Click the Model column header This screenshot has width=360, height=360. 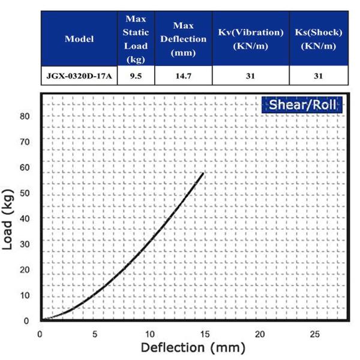[79, 39]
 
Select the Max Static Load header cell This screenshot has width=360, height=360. [136, 39]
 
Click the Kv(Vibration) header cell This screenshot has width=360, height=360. [250, 39]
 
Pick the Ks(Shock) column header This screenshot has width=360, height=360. [318, 39]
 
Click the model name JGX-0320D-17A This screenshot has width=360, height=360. [79, 76]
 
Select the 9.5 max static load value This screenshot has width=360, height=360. [136, 76]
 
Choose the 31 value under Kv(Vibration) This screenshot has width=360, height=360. [250, 76]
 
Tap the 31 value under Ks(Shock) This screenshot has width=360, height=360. [318, 76]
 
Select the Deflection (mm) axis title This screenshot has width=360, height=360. [193, 347]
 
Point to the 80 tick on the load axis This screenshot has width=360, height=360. [24, 116]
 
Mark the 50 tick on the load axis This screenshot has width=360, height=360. [24, 193]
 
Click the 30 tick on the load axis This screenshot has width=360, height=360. [24, 244]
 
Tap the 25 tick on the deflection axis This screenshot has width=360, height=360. [316, 333]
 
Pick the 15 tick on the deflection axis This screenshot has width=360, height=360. [205, 333]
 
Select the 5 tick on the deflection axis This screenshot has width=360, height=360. [95, 333]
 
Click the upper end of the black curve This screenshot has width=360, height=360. [203, 174]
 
